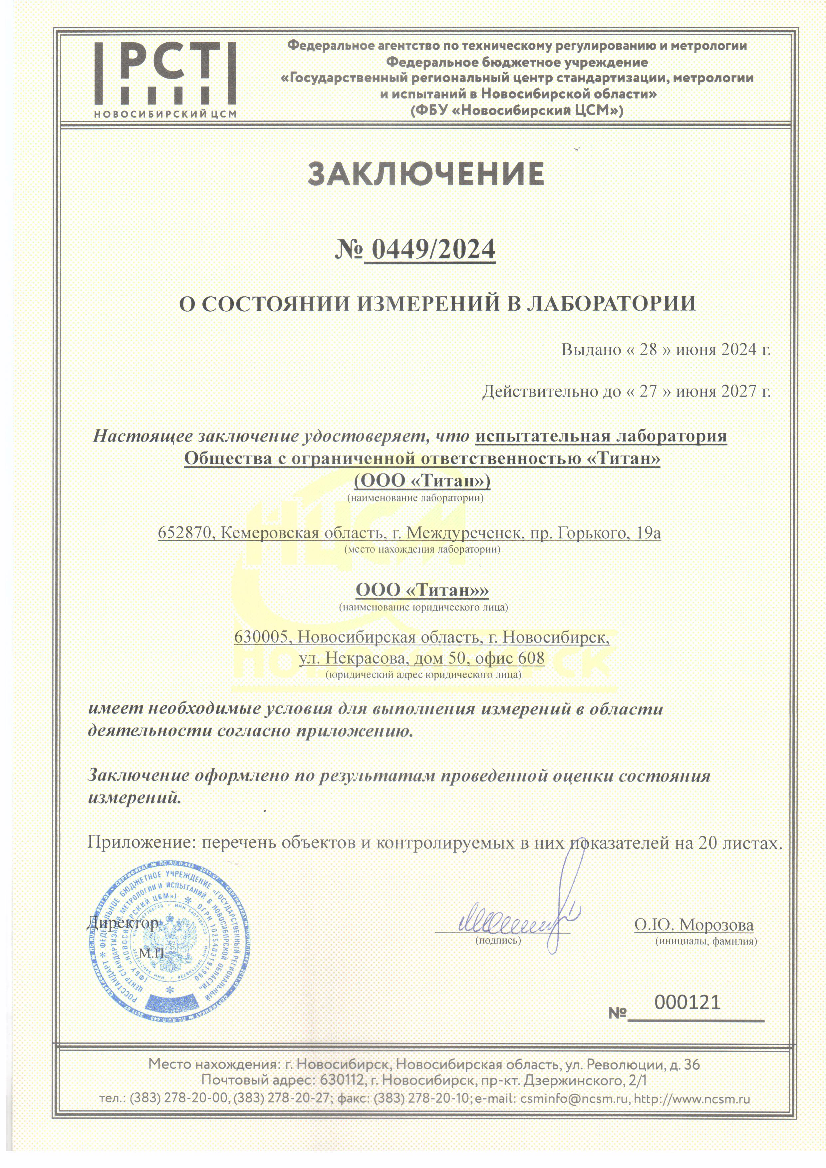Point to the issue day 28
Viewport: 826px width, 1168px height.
coord(649,350)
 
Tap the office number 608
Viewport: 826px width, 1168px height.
coord(531,658)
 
